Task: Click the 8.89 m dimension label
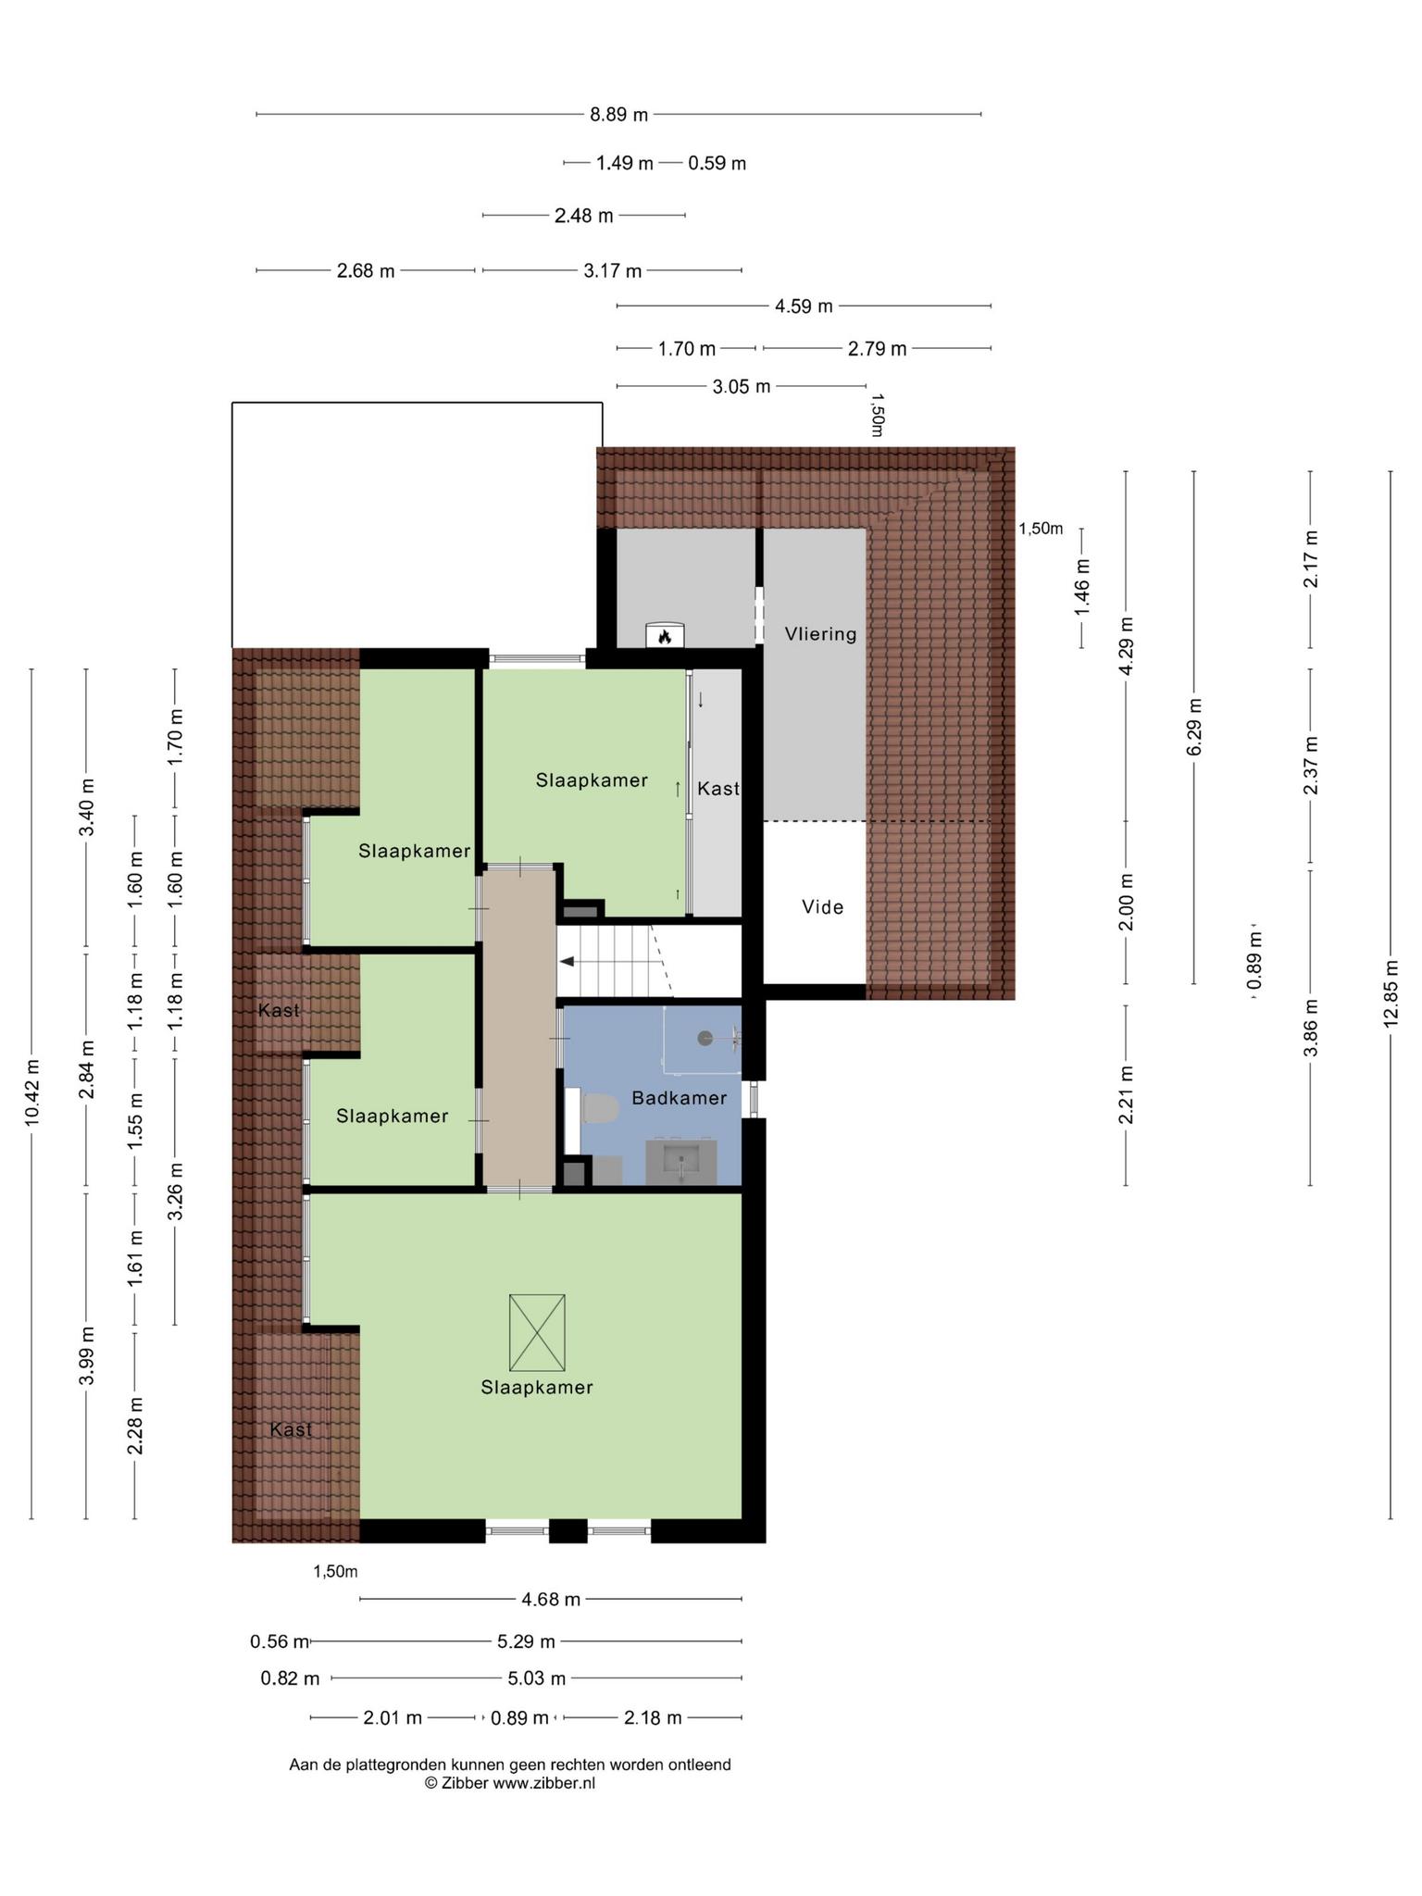pos(619,115)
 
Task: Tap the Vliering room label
pos(820,634)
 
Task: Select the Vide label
pos(823,907)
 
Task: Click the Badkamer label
pos(680,1098)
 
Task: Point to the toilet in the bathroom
pos(597,1107)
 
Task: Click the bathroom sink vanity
pos(683,1162)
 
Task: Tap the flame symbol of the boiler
pos(664,637)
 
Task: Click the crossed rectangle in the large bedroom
pos(537,1332)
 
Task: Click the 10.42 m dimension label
pos(32,1092)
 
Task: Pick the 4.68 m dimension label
pos(551,1599)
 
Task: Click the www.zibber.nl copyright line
pos(510,1783)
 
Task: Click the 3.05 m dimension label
pos(742,386)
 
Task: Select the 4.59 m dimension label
pos(804,306)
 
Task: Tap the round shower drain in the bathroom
pos(705,1038)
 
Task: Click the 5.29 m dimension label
pos(526,1641)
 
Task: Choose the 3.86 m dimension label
pos(1310,1028)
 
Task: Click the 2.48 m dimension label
pos(583,216)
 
